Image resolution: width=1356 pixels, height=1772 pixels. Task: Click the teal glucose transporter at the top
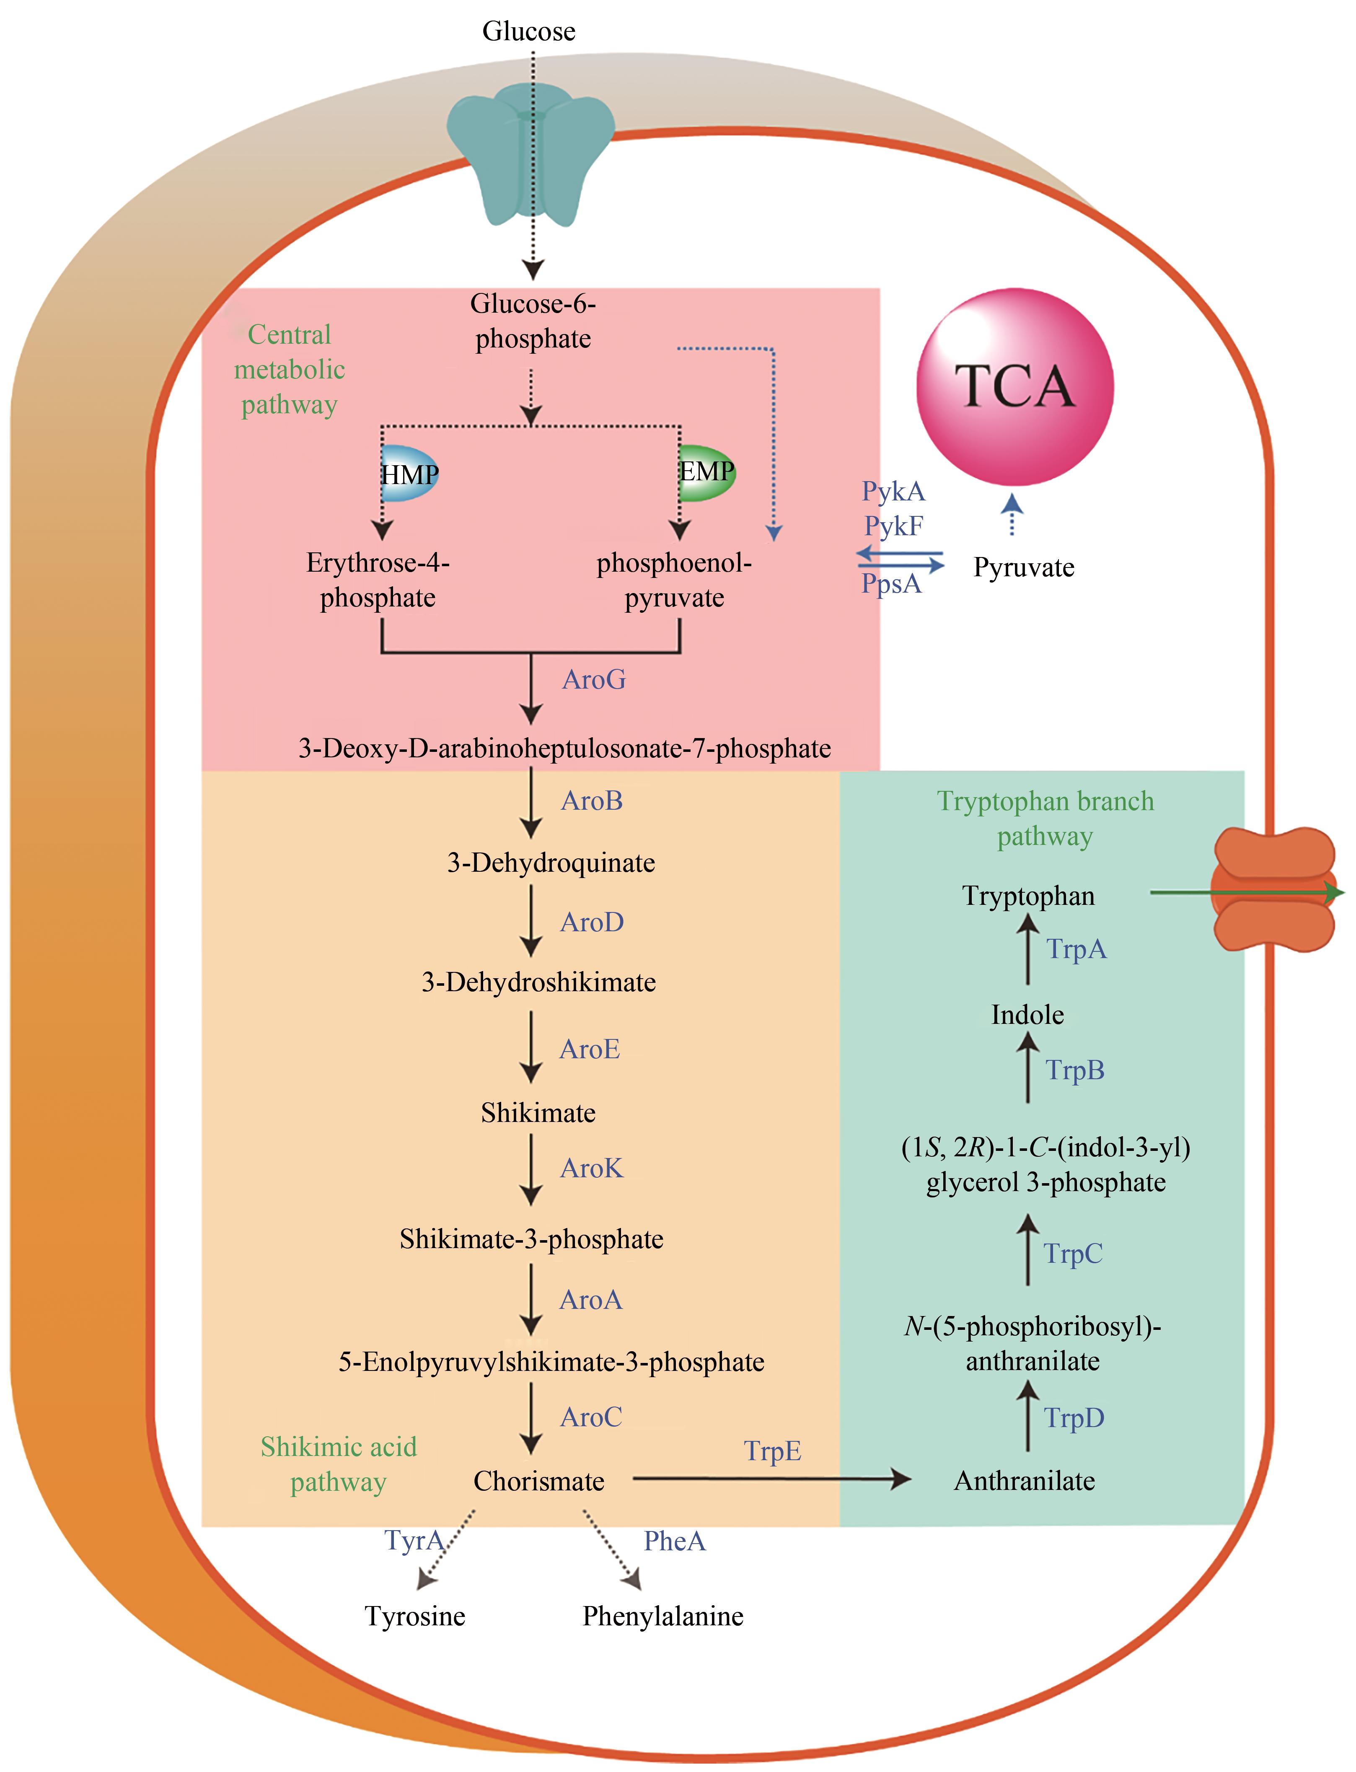pos(530,153)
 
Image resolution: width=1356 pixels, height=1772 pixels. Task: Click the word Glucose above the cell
pos(529,31)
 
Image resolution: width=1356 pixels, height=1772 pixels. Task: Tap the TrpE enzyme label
pos(772,1451)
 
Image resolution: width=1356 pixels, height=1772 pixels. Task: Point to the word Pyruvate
pos(1023,567)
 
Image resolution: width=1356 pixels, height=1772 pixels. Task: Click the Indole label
pos(1027,1015)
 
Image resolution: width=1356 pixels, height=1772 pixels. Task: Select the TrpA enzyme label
pos(1076,949)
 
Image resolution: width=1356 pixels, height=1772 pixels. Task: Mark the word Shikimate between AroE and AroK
pos(538,1113)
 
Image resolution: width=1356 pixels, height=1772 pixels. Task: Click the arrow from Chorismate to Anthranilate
pos(771,1479)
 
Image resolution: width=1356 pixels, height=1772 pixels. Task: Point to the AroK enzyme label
pos(592,1168)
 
